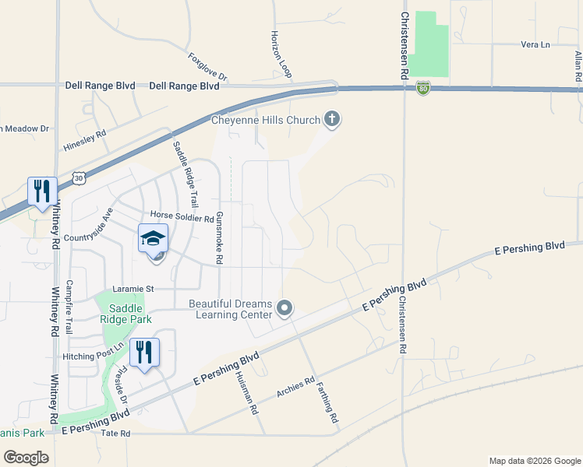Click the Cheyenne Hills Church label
[x=266, y=120]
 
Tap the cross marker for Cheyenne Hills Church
[x=332, y=120]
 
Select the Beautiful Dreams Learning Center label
[x=231, y=309]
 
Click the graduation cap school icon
[x=154, y=237]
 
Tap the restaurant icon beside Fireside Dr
[x=143, y=352]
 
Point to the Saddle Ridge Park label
[x=125, y=314]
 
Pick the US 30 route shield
[x=79, y=178]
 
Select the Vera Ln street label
[x=535, y=45]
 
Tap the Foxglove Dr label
[x=207, y=67]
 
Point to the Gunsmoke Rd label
[x=219, y=237]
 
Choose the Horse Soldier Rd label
[x=182, y=219]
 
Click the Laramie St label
[x=133, y=289]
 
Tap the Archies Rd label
[x=295, y=388]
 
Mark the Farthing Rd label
[x=327, y=406]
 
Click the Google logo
[x=26, y=457]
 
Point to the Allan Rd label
[x=578, y=68]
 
